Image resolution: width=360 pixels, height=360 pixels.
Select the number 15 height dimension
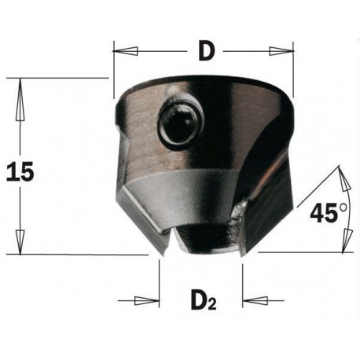[x=19, y=171]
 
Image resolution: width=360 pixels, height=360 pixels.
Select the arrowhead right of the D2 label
[x=254, y=301]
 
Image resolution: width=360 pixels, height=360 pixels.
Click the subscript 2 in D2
[x=211, y=305]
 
